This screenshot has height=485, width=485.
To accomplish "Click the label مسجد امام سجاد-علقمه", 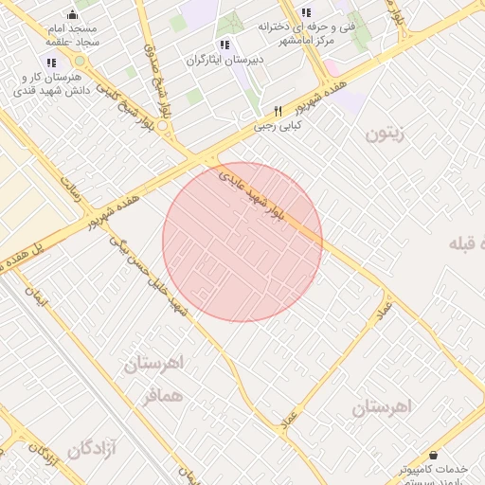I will pos(75,36).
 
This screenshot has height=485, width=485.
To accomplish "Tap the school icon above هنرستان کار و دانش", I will pos(51,63).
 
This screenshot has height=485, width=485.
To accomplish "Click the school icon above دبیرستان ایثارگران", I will pos(225,45).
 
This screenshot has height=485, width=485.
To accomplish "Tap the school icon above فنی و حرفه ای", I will pos(305,12).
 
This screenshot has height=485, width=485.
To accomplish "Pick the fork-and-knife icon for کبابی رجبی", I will pos(278,111).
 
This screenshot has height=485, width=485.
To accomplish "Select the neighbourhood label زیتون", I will pos(385,133).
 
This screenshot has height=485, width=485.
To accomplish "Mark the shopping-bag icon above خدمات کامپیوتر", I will pos(434,455).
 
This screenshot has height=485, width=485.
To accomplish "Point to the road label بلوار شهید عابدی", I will pos(249,192).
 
